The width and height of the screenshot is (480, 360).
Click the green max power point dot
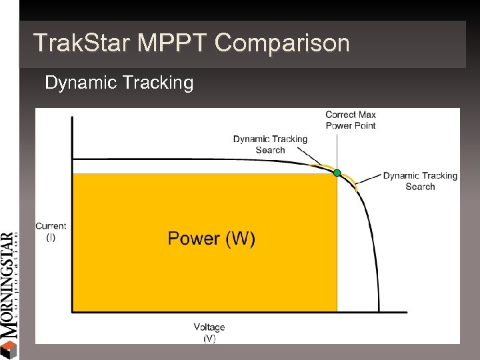(x=337, y=173)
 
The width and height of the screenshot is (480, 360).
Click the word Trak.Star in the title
(x=82, y=43)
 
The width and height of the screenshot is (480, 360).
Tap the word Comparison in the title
(x=282, y=43)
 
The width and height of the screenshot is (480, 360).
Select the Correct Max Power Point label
(x=350, y=120)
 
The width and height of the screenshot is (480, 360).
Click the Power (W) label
(x=211, y=239)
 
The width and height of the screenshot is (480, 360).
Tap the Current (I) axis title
(x=51, y=231)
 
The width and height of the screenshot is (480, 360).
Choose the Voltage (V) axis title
(x=209, y=332)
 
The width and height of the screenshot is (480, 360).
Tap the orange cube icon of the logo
(x=8, y=349)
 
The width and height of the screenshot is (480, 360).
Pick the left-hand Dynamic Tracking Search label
(x=270, y=144)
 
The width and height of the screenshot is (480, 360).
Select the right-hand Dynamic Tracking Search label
(x=420, y=181)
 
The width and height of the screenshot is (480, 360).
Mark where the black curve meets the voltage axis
(x=379, y=311)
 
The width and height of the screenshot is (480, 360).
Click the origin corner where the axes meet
(x=73, y=311)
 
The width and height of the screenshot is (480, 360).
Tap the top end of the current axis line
(x=73, y=117)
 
